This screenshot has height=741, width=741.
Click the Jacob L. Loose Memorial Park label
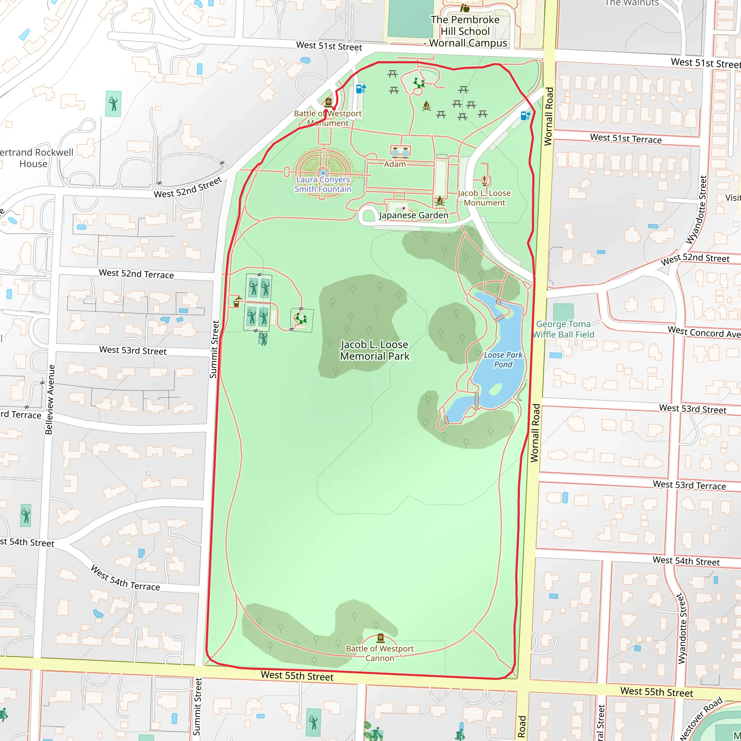[x=375, y=350]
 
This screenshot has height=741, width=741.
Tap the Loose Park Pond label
[x=503, y=360]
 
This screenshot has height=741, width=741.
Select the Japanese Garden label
[x=414, y=215]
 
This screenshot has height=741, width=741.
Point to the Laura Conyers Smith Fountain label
[x=323, y=184]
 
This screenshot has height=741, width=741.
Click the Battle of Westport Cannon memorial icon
[x=381, y=638]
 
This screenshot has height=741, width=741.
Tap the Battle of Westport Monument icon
[x=328, y=102]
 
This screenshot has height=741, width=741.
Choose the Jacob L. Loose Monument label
[x=484, y=198]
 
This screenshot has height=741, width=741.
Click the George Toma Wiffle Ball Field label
[x=563, y=330]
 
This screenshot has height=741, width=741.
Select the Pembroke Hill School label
[x=465, y=31]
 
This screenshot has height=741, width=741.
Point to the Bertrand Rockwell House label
[x=34, y=158]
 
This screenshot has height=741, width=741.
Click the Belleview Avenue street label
[x=50, y=399]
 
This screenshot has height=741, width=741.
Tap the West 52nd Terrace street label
[x=136, y=274]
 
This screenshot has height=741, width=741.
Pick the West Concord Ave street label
[x=704, y=332]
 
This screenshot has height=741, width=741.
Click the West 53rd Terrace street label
[x=689, y=485]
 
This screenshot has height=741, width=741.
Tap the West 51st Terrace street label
[x=626, y=139]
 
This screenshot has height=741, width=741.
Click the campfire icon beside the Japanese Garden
[x=440, y=200]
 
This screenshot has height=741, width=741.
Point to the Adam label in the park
[x=395, y=164]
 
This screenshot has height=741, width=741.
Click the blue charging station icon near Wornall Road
[x=525, y=115]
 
